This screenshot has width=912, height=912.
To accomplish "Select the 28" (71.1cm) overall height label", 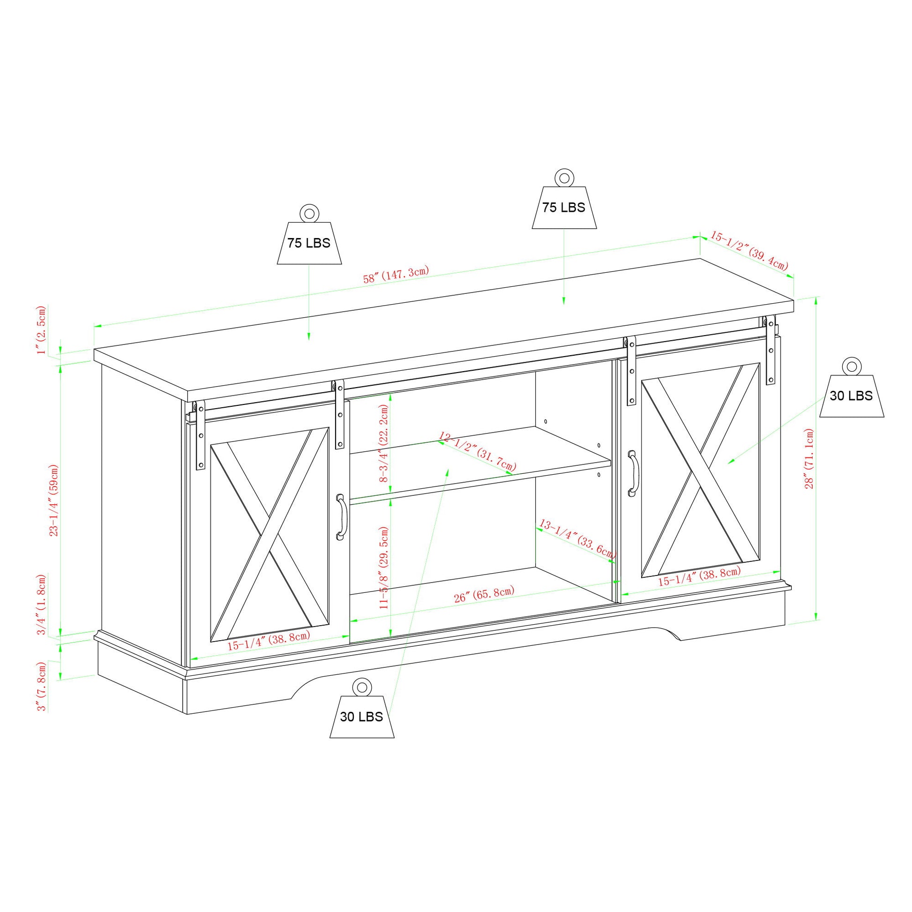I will coord(809,458).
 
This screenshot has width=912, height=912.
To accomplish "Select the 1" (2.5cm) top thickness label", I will coord(42,330).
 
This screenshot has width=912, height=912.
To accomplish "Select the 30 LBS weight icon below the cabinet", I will coord(361,716).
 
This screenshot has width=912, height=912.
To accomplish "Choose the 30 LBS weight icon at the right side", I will coord(851,395).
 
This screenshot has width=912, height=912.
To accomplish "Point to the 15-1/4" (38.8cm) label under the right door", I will coord(699,577).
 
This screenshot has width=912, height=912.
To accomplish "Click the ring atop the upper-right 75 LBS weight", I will coord(564,178).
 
